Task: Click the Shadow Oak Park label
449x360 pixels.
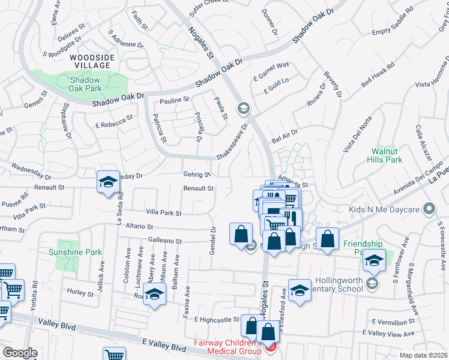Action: click(x=85, y=83)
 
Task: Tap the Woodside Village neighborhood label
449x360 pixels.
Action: click(x=90, y=61)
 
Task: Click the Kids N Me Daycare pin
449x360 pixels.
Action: click(x=429, y=209)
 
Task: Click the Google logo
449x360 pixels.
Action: click(x=20, y=353)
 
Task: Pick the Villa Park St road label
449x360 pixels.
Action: click(x=163, y=212)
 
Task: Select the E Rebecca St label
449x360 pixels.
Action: click(x=113, y=122)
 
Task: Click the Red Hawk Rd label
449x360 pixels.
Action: click(x=378, y=76)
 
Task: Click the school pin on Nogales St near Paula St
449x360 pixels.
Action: click(x=243, y=109)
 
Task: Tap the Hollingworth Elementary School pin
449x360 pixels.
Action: click(x=372, y=283)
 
